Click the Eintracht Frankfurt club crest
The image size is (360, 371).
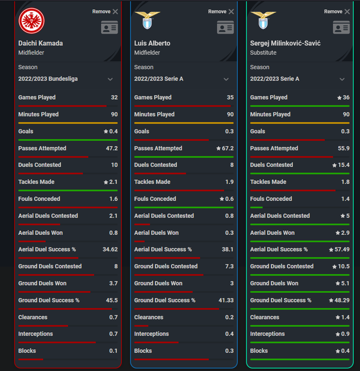[31, 21]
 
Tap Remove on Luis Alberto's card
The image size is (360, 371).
[217, 12]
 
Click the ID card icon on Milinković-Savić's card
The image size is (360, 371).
[341, 27]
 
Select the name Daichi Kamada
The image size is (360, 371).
[41, 43]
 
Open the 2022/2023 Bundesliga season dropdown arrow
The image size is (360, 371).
[110, 79]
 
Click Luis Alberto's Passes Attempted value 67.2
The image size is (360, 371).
[228, 148]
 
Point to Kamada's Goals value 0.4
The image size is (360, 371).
[114, 132]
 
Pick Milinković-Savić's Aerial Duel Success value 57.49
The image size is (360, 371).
[342, 249]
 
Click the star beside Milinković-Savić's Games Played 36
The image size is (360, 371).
[339, 98]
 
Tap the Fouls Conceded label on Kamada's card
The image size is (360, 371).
[39, 199]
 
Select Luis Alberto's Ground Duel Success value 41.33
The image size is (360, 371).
[226, 300]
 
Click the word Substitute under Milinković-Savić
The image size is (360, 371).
[263, 53]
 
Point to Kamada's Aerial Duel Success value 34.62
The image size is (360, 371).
[110, 249]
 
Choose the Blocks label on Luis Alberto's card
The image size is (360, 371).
[143, 351]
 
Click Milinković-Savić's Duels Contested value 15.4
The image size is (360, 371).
[344, 165]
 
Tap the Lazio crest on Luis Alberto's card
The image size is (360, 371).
[147, 20]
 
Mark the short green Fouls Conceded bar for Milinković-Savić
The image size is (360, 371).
[256, 208]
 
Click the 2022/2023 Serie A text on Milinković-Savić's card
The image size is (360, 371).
[275, 79]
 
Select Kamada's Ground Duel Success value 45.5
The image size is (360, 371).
[112, 300]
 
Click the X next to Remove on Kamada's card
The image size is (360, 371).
[115, 12]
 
